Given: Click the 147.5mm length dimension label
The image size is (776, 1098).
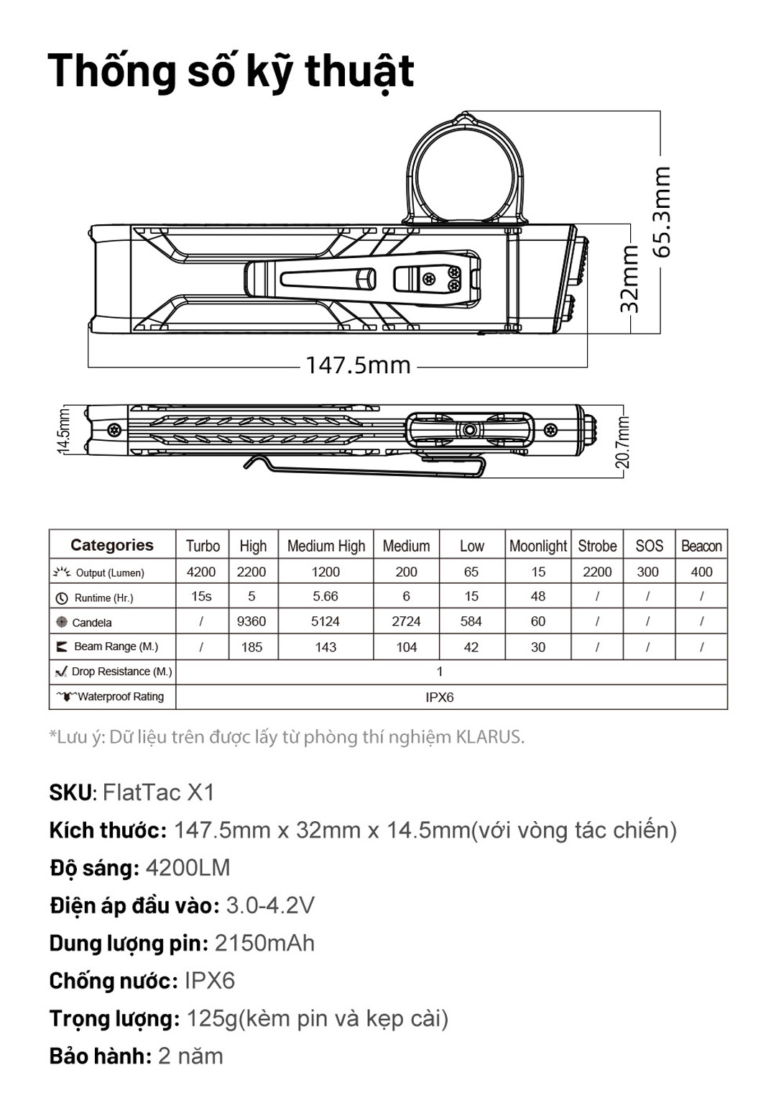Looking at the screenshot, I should coord(358,365).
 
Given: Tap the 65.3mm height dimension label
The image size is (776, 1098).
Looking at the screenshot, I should coord(662,212).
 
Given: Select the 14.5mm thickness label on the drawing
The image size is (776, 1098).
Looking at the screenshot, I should coord(63,431).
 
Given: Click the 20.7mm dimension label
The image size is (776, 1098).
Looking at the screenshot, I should coord(622,442).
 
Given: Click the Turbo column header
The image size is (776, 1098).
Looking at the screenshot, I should coord(203,546).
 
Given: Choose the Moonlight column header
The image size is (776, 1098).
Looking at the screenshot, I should coord(538,546).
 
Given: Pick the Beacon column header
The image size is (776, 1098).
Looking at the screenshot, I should coord(701,546).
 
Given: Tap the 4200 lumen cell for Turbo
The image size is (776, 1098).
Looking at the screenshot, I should coord(201,572).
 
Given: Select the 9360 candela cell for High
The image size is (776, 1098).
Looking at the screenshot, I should coord(251,621).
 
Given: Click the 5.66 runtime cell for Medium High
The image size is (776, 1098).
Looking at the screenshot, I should coord(325,596).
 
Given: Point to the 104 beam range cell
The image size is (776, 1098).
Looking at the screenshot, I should coord(407,647).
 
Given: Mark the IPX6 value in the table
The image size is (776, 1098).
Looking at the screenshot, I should coord(439,697).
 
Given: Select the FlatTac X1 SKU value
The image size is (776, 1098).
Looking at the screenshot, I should coord(159,792).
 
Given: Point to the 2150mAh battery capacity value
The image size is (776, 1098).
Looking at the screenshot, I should coord(264,943).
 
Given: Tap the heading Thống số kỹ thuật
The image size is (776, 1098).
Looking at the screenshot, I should coord(231,71).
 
